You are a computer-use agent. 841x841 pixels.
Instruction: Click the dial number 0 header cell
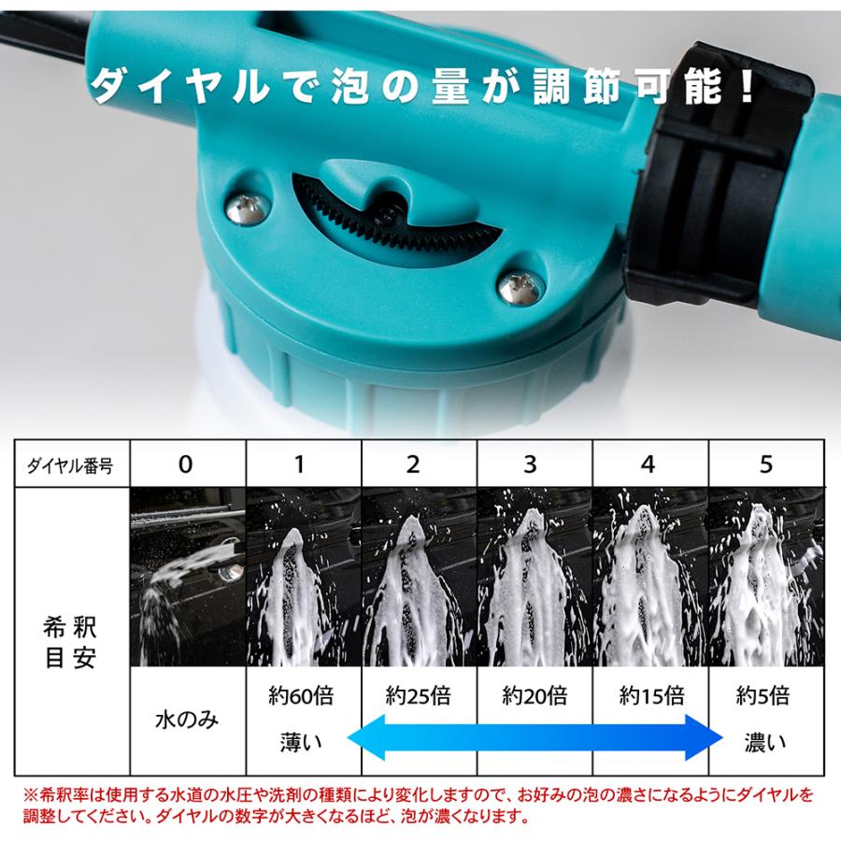tap(187, 464)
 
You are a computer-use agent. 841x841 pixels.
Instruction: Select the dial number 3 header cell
tap(535, 464)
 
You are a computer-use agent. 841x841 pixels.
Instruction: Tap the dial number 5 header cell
tap(766, 464)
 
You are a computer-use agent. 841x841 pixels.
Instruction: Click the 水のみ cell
tap(187, 720)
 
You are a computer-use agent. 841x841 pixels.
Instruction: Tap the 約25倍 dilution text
tap(418, 696)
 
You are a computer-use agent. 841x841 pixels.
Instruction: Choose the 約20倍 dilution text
tap(535, 696)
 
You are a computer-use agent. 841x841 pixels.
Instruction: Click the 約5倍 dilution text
tap(763, 696)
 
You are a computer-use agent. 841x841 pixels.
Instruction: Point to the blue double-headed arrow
tap(535, 737)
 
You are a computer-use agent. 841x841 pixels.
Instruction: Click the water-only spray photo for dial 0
tap(187, 577)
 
